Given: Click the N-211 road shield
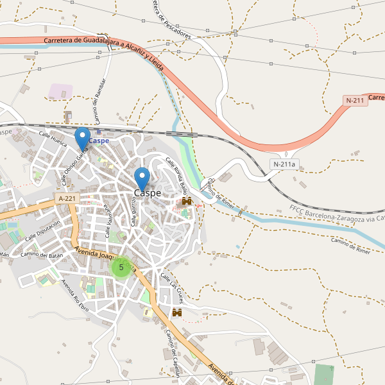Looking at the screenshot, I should coord(355,100).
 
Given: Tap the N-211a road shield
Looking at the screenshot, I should coord(284,164).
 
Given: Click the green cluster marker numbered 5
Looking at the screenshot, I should coord(121,267).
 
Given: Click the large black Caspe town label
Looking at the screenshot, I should coord(148,193).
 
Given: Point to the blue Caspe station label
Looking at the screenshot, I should coord(99,141).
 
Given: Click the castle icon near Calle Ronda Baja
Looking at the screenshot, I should coord(187,201).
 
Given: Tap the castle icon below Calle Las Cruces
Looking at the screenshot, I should coord(177,312).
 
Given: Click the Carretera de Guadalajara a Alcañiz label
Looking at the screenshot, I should coord(103,45).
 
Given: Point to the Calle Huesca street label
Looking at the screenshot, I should coord(53,139).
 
